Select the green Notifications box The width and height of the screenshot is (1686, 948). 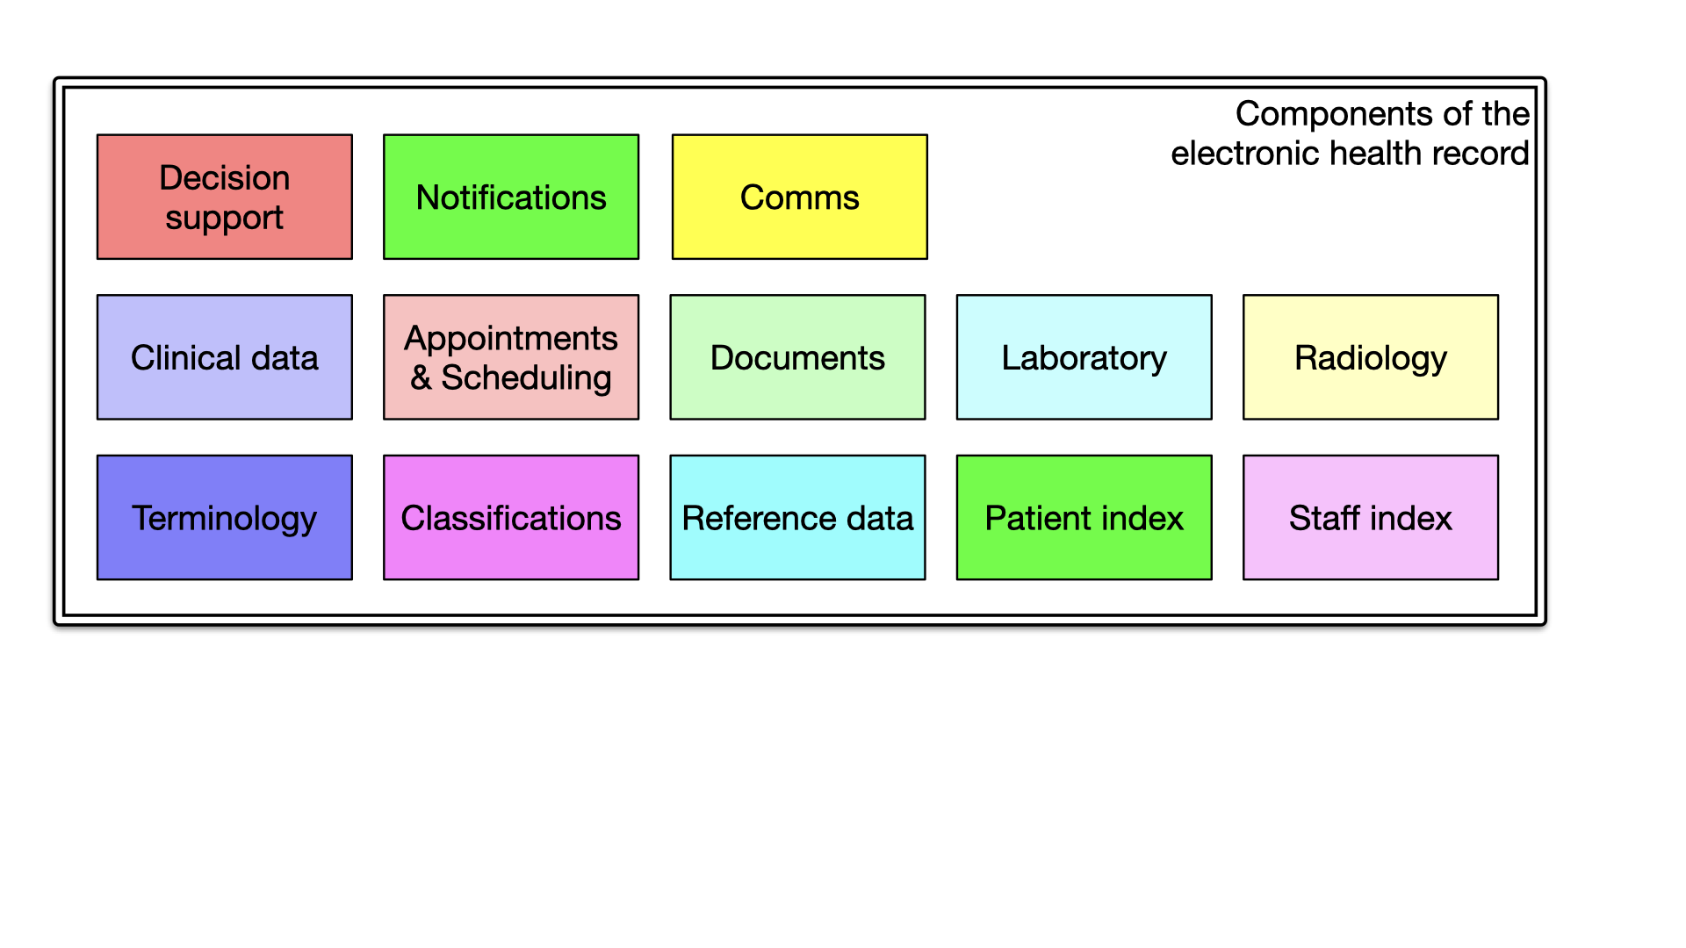click(x=511, y=197)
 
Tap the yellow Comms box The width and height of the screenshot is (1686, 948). click(x=799, y=197)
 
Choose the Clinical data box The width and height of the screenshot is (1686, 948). click(x=224, y=357)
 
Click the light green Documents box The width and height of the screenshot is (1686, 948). click(x=797, y=357)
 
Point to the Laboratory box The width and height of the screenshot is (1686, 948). click(x=1084, y=357)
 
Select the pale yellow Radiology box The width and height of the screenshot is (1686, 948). click(x=1370, y=357)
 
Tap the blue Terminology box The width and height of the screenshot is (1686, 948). click(x=224, y=518)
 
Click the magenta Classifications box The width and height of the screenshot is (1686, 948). click(x=511, y=518)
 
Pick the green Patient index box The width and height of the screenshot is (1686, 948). click(x=1084, y=518)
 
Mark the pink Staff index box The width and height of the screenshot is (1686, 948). click(x=1370, y=518)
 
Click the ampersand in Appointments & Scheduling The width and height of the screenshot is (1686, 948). click(x=421, y=378)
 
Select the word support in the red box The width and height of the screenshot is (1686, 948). click(x=224, y=218)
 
